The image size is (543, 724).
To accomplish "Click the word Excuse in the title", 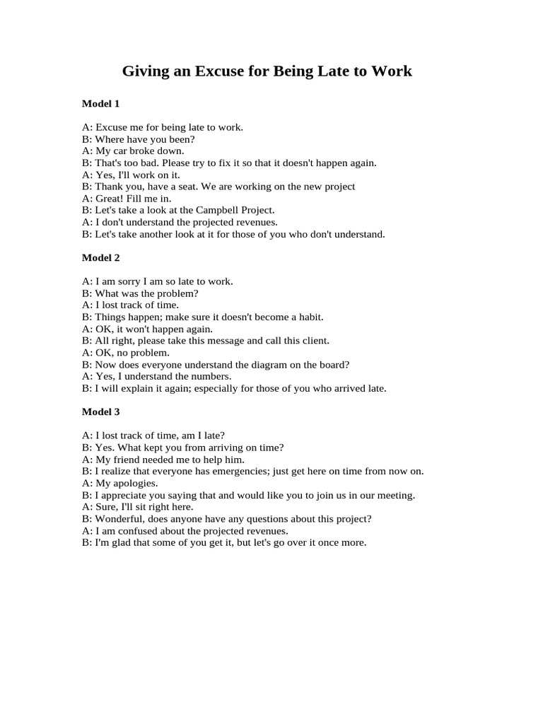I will pos(203,71).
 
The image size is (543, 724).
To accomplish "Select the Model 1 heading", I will pos(100,104).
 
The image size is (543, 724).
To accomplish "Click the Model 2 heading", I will pos(100,257).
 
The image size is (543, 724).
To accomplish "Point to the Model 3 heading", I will pos(100,411).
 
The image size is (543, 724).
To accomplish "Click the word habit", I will pos(308,317).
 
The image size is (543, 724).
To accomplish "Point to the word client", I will pos(313,341).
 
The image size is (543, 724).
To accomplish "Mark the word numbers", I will pos(211,376).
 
